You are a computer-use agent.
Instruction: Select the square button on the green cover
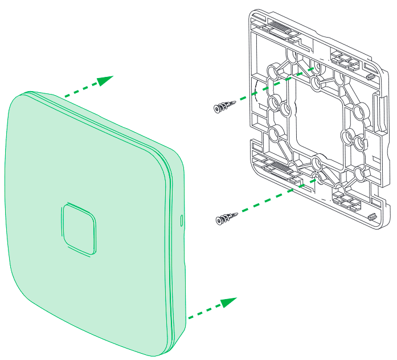tap(77, 228)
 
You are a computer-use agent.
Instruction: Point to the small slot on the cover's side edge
tap(182, 219)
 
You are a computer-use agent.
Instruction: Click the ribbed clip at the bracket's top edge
tap(275, 28)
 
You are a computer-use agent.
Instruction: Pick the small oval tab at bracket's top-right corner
tap(370, 74)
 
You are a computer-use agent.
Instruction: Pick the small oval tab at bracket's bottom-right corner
tap(371, 216)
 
